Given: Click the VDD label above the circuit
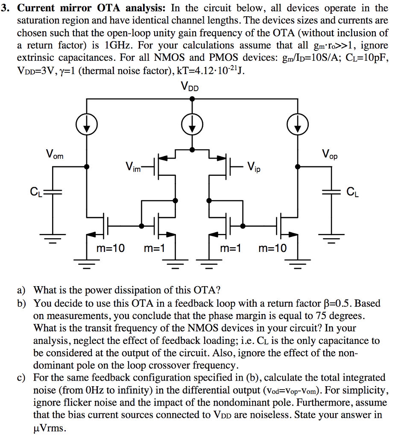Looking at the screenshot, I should (x=190, y=87).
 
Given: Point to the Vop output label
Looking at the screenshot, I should (x=329, y=154).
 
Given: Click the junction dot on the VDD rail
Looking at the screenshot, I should (x=192, y=98).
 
